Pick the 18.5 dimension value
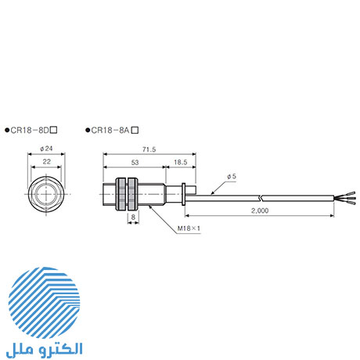180,161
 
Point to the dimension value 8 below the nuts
132,217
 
